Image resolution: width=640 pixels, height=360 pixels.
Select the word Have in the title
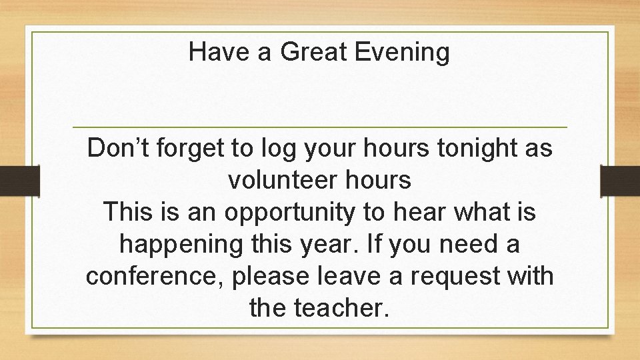pyautogui.click(x=221, y=51)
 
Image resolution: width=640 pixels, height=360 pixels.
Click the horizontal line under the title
pyautogui.click(x=319, y=127)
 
